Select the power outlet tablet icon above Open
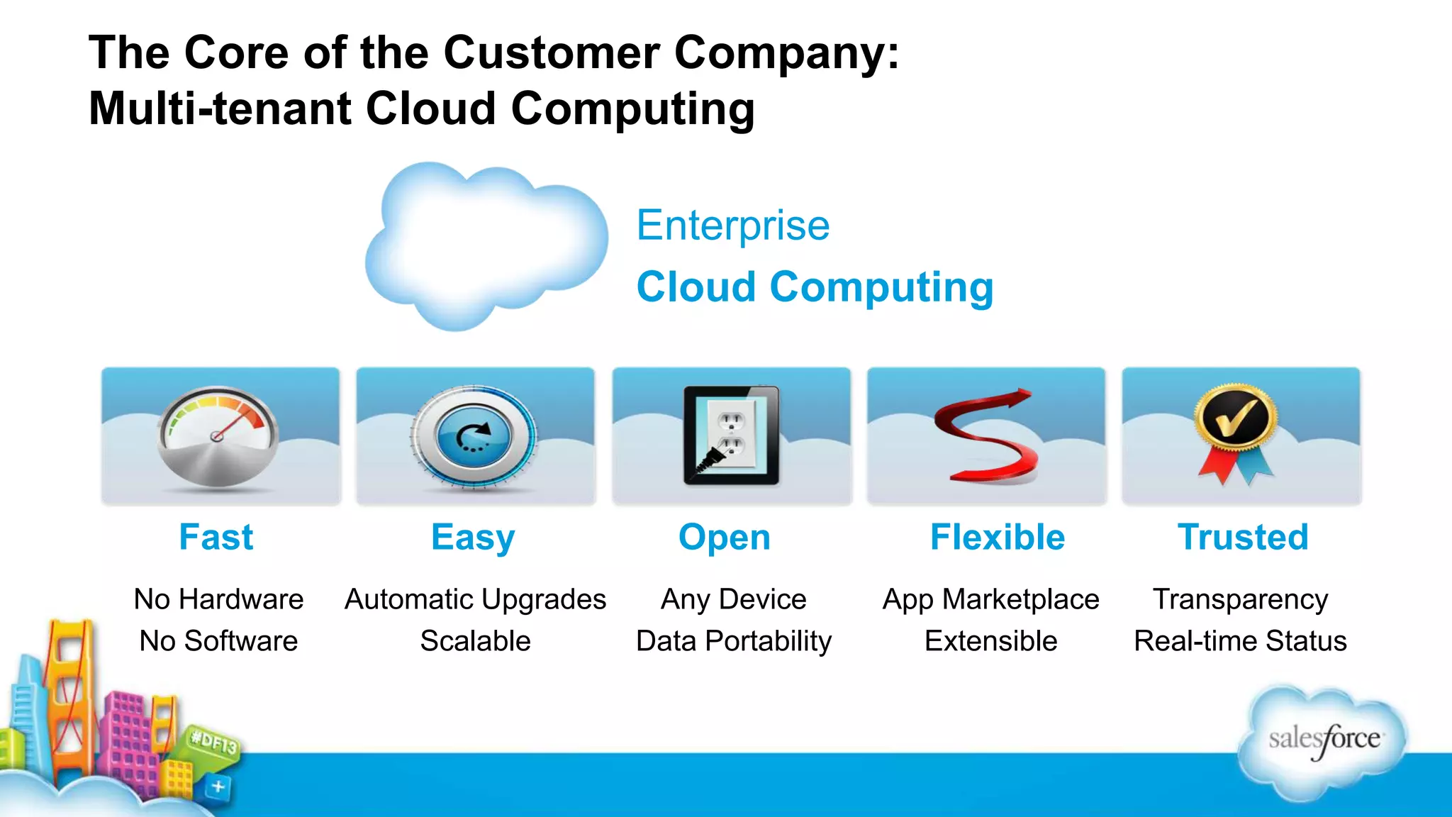[731, 435]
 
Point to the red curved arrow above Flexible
[986, 435]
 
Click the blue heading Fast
[216, 537]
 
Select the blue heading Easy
[473, 538]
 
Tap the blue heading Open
[725, 538]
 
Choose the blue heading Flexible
[998, 537]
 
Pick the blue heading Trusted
[1243, 537]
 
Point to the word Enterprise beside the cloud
[733, 226]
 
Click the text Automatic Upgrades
[475, 600]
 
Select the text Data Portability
[734, 641]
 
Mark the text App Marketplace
[990, 600]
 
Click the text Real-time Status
[1240, 641]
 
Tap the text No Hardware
[218, 600]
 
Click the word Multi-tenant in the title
[220, 109]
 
